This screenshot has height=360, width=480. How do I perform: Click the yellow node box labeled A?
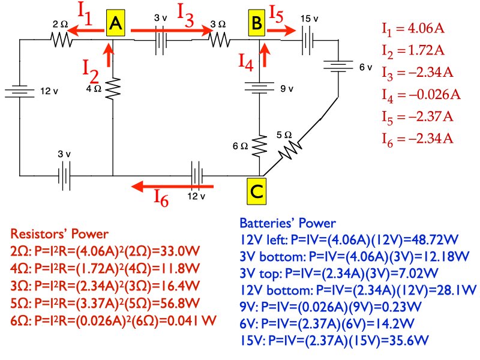click(x=116, y=24)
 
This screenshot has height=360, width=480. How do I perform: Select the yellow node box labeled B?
click(x=256, y=24)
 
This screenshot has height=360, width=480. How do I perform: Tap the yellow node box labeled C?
click(x=256, y=191)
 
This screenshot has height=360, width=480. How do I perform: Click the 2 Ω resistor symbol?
click(x=61, y=40)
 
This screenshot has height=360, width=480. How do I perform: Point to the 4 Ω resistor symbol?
click(x=113, y=90)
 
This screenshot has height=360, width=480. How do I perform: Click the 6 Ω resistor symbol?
click(x=260, y=145)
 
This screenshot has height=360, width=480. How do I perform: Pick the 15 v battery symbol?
click(x=308, y=40)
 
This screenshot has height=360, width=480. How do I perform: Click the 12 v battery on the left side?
click(x=20, y=92)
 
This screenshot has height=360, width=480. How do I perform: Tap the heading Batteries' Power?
click(x=287, y=223)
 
